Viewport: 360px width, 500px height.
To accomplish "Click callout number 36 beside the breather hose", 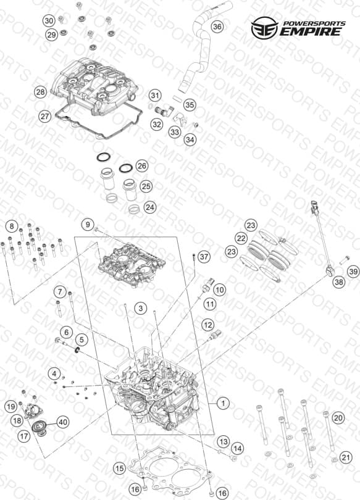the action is [217, 27].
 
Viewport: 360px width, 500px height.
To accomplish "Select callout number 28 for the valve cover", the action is [41, 93].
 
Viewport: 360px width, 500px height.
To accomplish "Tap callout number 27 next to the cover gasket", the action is [44, 116].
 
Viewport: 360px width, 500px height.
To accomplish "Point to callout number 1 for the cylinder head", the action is [223, 403].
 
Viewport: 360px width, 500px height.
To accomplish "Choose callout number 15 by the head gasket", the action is [120, 469].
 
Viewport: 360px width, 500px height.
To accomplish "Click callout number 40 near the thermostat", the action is [63, 422].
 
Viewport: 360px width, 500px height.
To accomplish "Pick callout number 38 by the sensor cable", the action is [338, 281].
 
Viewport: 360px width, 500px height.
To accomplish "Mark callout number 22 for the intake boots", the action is [241, 238].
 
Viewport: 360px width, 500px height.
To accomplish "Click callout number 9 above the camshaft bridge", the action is [88, 224].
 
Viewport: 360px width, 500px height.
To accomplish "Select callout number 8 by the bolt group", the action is [12, 227].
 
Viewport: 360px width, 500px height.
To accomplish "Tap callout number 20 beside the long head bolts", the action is [338, 417].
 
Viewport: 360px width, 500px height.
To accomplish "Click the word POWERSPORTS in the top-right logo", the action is [314, 23].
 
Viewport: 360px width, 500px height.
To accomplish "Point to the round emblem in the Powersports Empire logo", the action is [265, 28].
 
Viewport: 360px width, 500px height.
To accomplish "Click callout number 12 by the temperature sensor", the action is [208, 325].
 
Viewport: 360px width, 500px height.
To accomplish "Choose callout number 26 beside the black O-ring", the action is [142, 166].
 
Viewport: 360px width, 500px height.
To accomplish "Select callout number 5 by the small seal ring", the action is [82, 340].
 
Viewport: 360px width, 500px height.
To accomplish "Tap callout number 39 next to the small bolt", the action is [353, 272].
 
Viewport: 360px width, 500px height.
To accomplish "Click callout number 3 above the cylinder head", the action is [141, 308].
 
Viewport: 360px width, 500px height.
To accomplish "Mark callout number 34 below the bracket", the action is [190, 140].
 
